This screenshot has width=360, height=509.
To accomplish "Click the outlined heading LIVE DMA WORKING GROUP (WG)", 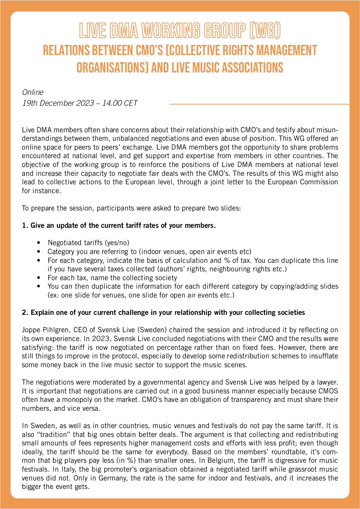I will (180, 31).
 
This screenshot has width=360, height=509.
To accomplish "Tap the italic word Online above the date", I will (33, 92).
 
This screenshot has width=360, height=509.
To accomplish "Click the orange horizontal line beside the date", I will (259, 104).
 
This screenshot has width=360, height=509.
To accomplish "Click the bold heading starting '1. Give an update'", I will (119, 225).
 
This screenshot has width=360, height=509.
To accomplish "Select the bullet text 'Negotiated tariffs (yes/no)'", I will (88, 243).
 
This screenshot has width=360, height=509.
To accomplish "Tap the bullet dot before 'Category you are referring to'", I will (39, 252).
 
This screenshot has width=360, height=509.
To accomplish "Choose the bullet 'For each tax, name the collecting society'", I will (112, 278).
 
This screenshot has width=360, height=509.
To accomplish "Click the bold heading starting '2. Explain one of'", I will (163, 312).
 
